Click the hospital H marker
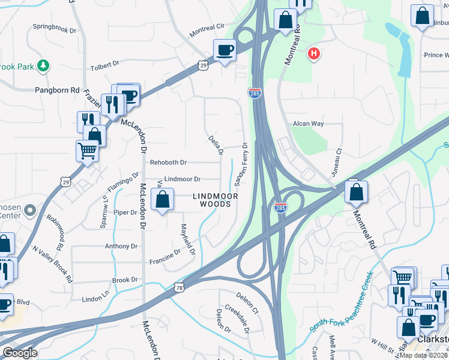(313, 55)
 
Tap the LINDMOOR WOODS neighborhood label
(215, 200)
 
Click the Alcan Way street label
(308, 124)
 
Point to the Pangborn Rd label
(57, 90)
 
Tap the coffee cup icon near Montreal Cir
(225, 50)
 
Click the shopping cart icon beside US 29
(87, 151)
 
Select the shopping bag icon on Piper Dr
(162, 200)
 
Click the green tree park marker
(43, 65)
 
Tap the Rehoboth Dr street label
(169, 162)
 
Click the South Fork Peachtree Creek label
(342, 302)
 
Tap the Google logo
(20, 352)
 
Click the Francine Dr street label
(165, 257)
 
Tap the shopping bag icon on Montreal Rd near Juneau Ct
(356, 192)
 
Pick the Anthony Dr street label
(121, 246)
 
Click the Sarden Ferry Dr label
(240, 163)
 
